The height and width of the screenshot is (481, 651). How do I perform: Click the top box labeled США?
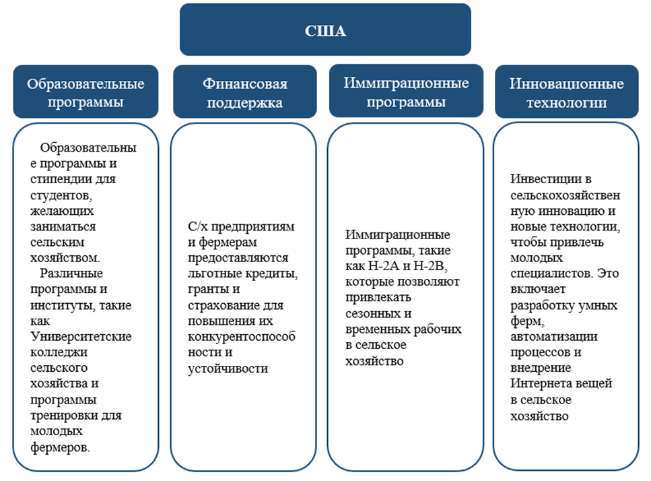[326, 30]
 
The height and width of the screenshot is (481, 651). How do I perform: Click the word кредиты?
[275, 274]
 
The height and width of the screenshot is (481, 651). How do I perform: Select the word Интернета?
[539, 383]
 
